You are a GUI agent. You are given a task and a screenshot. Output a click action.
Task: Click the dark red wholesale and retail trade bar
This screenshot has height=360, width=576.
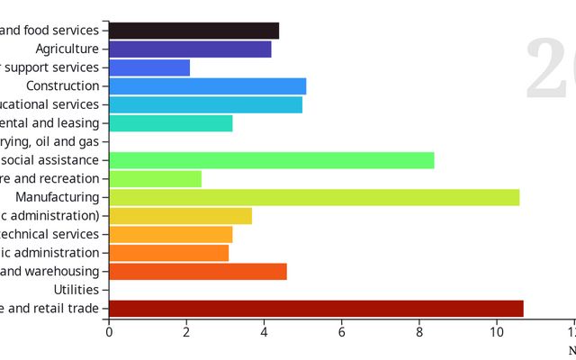pos(315,309)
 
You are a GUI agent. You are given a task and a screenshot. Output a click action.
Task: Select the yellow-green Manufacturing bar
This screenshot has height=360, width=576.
pos(313,197)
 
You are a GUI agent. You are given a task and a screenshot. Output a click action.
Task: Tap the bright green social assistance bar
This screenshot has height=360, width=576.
pos(271,160)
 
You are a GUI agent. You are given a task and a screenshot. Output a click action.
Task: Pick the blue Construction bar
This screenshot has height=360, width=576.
pos(207,86)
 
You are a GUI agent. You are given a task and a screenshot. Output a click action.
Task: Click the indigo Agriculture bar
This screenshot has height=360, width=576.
pos(190,49)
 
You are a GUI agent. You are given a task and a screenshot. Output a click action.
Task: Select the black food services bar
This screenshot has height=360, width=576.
pos(193,31)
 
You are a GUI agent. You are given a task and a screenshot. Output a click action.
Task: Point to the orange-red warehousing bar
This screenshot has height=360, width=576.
pos(197,272)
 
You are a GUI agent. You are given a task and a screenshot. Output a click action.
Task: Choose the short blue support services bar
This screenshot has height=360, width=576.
pos(149,67)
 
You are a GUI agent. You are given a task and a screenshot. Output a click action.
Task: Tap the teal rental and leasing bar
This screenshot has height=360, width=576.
pos(170,123)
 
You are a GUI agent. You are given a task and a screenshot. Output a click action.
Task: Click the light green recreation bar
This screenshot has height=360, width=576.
pos(155,179)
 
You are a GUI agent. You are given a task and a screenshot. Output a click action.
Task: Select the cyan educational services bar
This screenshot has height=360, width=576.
pos(205,104)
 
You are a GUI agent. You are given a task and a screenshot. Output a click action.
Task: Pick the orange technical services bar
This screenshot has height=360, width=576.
pos(170,235)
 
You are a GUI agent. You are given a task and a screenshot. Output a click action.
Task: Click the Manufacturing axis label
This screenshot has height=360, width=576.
pos(58,197)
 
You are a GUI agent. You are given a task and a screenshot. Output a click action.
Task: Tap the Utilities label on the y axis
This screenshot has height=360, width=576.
pos(76,290)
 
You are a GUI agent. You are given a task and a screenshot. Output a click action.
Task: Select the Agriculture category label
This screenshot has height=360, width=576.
pos(67,49)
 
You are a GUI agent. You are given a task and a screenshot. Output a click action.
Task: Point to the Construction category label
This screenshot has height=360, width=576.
pos(63,86)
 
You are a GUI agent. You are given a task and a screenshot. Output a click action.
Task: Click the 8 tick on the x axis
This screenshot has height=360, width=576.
pos(419,332)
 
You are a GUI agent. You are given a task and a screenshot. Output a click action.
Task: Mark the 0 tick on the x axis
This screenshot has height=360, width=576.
pos(109,332)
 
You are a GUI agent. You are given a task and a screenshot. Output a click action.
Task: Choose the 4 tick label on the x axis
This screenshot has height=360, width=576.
pos(265,332)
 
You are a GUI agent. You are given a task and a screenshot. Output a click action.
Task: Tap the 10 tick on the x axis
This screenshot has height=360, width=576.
pos(497,332)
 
